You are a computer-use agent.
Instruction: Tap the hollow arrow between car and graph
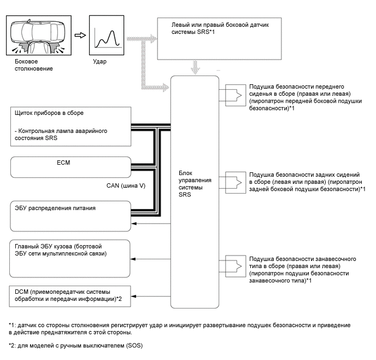tap(79, 35)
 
